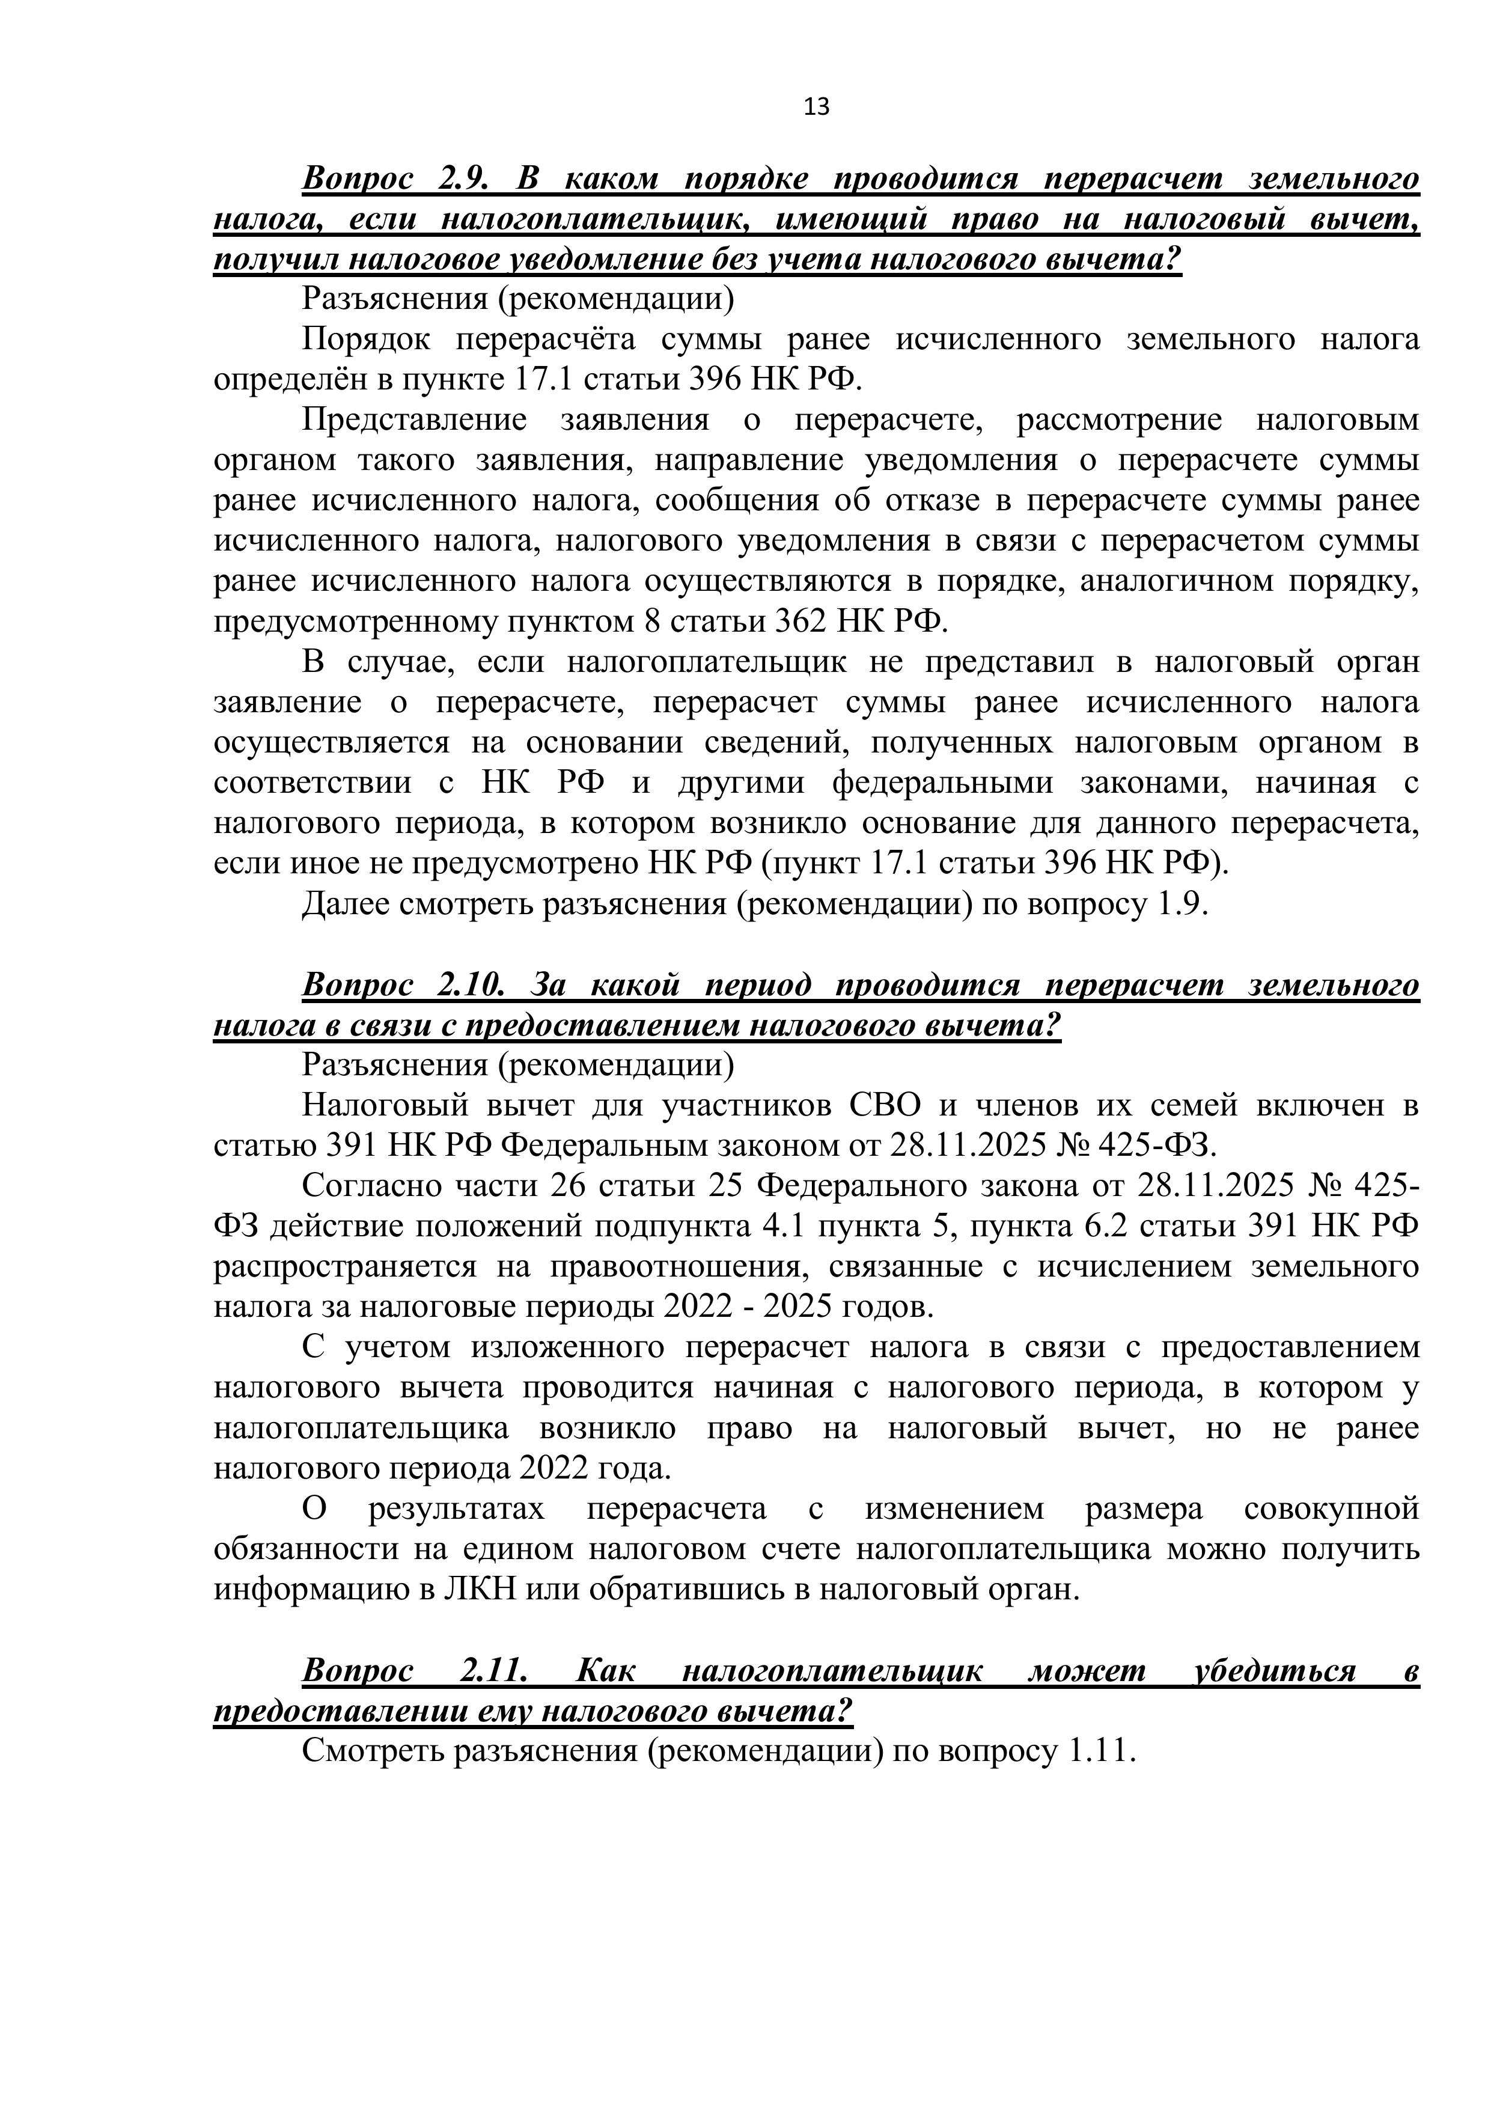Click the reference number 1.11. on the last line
(x=1102, y=1751)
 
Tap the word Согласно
(x=372, y=1186)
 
